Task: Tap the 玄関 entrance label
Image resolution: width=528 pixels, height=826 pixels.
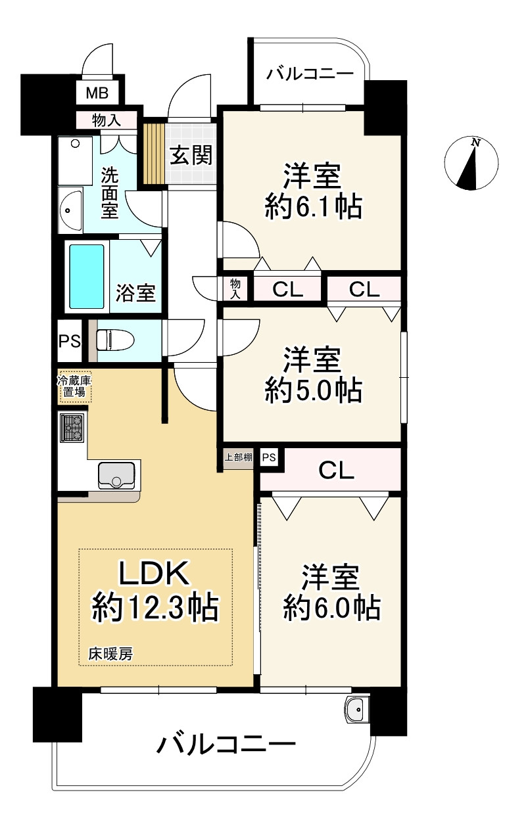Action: pos(191,155)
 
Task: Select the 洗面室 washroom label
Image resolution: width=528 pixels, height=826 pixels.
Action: pos(110,193)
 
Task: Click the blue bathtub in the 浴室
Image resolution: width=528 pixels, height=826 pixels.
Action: pos(87,276)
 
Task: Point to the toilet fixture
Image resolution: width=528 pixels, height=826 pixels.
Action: pos(114,340)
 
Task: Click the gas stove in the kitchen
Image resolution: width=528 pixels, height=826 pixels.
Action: pos(72,427)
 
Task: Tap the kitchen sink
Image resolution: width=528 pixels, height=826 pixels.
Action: pos(116,475)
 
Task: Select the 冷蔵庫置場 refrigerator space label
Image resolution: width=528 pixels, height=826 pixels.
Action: pos(74,386)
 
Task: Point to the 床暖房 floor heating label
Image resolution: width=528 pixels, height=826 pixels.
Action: pos(110,654)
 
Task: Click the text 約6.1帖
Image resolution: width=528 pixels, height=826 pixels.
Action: pos(313,207)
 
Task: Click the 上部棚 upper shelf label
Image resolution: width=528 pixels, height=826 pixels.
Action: pos(239,457)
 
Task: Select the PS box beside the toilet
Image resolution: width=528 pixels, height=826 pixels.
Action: pos(69,341)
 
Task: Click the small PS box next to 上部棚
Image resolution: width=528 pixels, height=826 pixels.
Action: pos(269,457)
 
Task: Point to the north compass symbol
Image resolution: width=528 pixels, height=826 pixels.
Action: pos(471,163)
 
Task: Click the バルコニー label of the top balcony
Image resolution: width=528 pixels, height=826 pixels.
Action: pos(310,74)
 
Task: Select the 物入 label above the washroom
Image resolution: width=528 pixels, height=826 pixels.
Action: pos(107,120)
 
